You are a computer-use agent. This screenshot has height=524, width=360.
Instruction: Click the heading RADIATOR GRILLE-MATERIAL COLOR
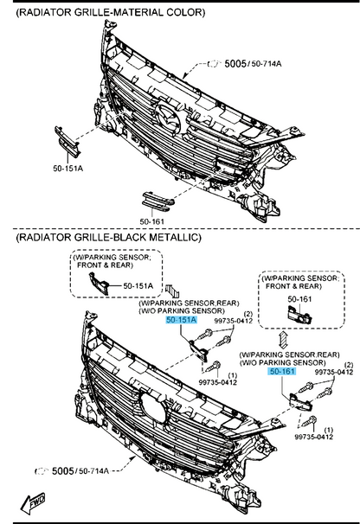(x=111, y=13)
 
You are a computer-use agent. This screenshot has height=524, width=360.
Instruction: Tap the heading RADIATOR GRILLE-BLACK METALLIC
(x=109, y=237)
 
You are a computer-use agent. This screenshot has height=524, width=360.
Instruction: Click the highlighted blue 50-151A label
(x=182, y=320)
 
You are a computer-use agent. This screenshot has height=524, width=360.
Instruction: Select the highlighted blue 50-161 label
(x=282, y=371)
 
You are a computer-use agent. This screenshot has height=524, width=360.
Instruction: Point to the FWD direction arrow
(x=33, y=502)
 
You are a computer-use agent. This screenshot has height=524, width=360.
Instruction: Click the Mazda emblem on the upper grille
(x=169, y=119)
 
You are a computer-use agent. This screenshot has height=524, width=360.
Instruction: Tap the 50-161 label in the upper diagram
(x=152, y=221)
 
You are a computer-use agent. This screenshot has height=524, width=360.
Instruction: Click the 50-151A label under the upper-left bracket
(x=67, y=168)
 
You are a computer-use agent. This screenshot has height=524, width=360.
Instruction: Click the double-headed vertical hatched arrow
(x=283, y=340)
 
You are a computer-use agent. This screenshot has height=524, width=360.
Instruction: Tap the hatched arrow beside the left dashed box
(x=172, y=290)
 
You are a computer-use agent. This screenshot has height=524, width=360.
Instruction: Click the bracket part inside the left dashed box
(x=100, y=284)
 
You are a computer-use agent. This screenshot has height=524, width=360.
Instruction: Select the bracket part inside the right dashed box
(x=299, y=315)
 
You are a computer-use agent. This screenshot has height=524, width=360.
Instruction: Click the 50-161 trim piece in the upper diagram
(x=157, y=201)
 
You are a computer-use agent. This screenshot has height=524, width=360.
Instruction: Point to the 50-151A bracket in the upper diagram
(x=67, y=141)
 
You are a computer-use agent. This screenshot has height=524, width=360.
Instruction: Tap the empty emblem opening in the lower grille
(x=153, y=407)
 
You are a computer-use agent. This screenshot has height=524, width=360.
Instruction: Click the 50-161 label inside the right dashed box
(x=299, y=299)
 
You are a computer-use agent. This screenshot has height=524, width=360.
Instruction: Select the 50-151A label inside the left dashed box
(x=138, y=285)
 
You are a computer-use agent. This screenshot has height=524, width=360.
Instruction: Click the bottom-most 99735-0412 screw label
(x=314, y=437)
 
